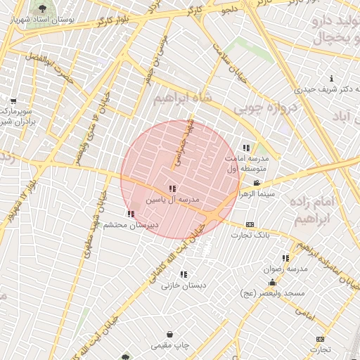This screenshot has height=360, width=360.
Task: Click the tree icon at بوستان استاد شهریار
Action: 44,8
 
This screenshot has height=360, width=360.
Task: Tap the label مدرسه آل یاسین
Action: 172,200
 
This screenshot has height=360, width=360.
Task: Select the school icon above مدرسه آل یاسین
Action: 172,189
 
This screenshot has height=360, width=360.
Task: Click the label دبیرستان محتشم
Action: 131,225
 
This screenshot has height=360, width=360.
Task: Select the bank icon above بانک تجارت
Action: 250,225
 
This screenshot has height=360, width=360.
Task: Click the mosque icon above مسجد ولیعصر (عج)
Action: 272,282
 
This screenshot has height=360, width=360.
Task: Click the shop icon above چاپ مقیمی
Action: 170,335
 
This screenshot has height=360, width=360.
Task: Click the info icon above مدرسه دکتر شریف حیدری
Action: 331,78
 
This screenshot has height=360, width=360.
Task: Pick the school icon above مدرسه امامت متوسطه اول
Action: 246,148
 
